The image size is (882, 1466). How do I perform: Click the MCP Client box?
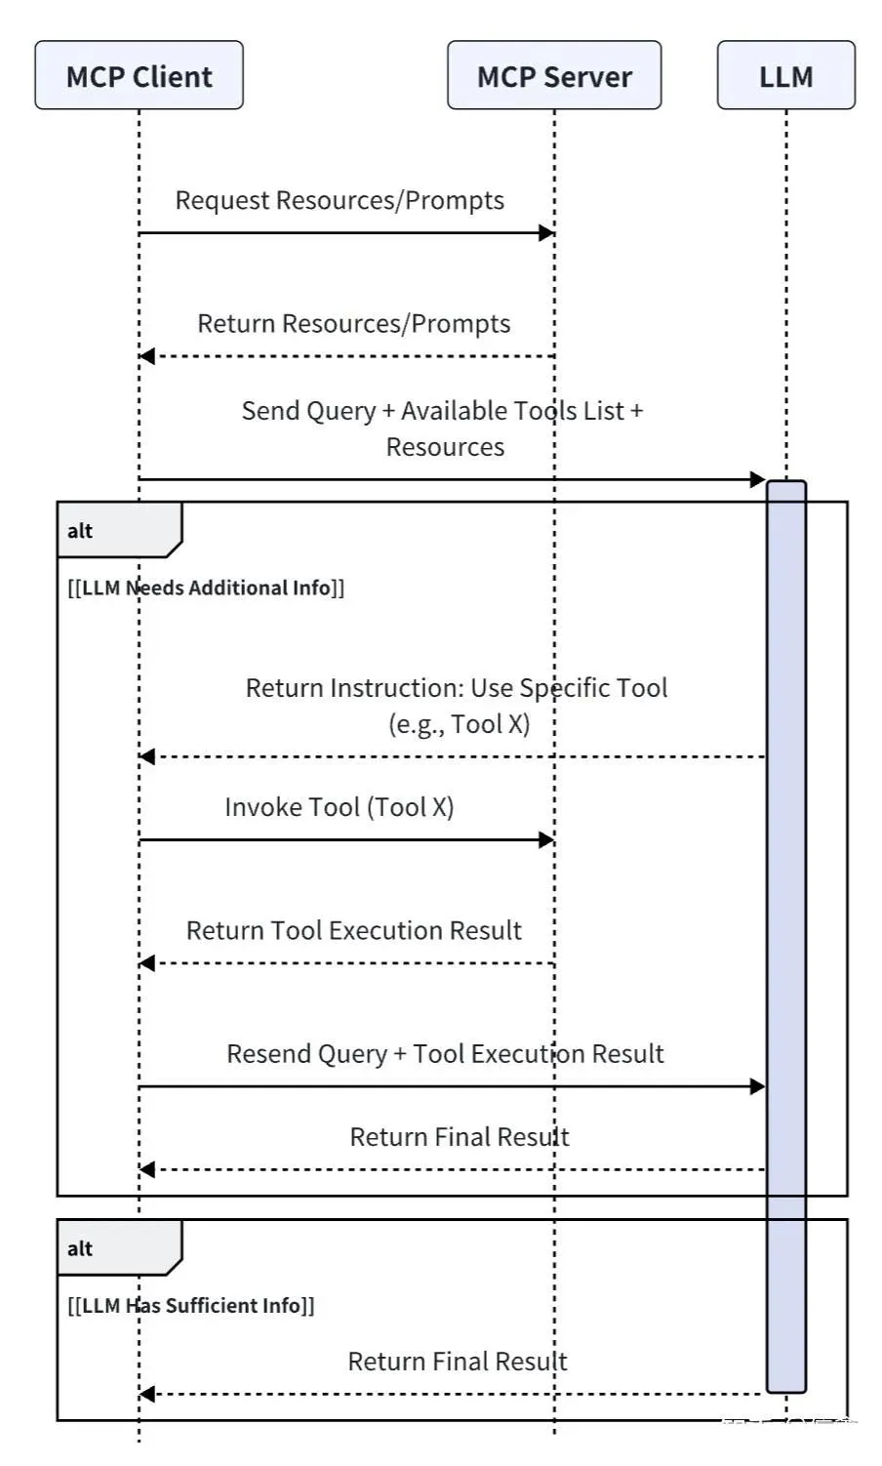pyautogui.click(x=139, y=75)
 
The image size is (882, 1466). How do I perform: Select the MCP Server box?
pyautogui.click(x=554, y=75)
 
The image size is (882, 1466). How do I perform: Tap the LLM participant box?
pyautogui.click(x=785, y=75)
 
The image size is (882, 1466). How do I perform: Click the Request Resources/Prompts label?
pyautogui.click(x=340, y=200)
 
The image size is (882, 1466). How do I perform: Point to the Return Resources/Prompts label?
pyautogui.click(x=353, y=323)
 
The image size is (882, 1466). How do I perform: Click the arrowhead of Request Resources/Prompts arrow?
pyautogui.click(x=546, y=232)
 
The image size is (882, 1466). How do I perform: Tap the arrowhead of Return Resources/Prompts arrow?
pyautogui.click(x=147, y=356)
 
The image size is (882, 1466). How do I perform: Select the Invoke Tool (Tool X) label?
pyautogui.click(x=339, y=807)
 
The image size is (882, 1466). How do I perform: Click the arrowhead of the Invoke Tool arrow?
pyautogui.click(x=546, y=839)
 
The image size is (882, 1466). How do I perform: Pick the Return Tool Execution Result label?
pyautogui.click(x=353, y=930)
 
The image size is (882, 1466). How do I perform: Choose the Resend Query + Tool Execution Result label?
pyautogui.click(x=445, y=1053)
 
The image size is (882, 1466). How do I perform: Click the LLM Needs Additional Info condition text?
pyautogui.click(x=206, y=588)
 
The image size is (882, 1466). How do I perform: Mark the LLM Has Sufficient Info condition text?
pyautogui.click(x=191, y=1306)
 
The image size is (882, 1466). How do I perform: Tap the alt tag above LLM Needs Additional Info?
pyautogui.click(x=80, y=531)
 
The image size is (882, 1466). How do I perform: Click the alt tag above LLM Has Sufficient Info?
pyautogui.click(x=80, y=1248)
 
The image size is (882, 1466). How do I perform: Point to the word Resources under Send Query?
pyautogui.click(x=445, y=447)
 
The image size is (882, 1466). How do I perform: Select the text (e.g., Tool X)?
pyautogui.click(x=459, y=724)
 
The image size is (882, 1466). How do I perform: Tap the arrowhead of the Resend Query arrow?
pyautogui.click(x=757, y=1086)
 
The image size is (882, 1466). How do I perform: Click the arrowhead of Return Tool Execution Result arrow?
pyautogui.click(x=147, y=963)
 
